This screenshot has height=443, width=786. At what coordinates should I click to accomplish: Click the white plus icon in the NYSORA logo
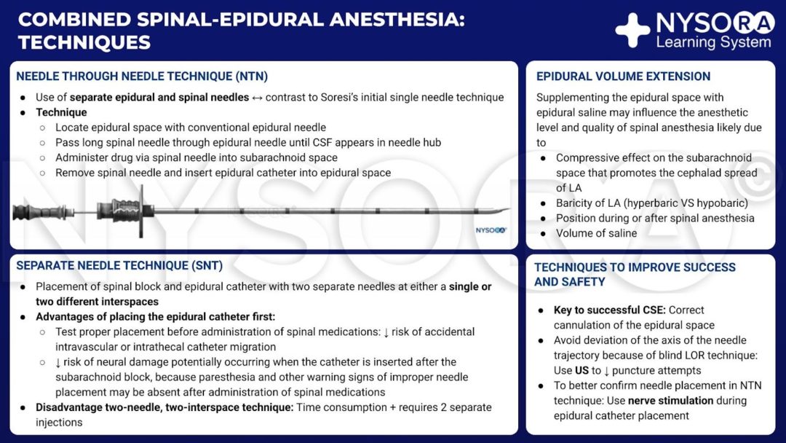point(632,30)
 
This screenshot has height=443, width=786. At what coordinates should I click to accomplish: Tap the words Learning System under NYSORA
point(713,42)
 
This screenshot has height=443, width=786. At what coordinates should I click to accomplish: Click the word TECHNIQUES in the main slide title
point(84,42)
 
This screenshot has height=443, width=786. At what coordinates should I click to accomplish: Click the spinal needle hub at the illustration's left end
point(29,211)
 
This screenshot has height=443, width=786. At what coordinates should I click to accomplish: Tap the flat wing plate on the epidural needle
point(140,211)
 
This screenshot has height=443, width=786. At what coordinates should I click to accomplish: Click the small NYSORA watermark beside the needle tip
point(491,230)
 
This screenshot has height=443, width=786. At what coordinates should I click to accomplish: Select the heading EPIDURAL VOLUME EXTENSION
point(623,77)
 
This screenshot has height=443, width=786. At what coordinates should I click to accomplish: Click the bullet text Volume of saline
point(596,233)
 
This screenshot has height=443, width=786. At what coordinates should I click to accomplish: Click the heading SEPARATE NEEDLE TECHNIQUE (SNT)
point(119,266)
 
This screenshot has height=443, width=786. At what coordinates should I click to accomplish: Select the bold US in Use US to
point(582,370)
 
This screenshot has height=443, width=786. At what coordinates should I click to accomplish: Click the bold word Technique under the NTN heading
point(61,112)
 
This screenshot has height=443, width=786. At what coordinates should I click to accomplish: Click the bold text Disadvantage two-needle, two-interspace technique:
point(164,407)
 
